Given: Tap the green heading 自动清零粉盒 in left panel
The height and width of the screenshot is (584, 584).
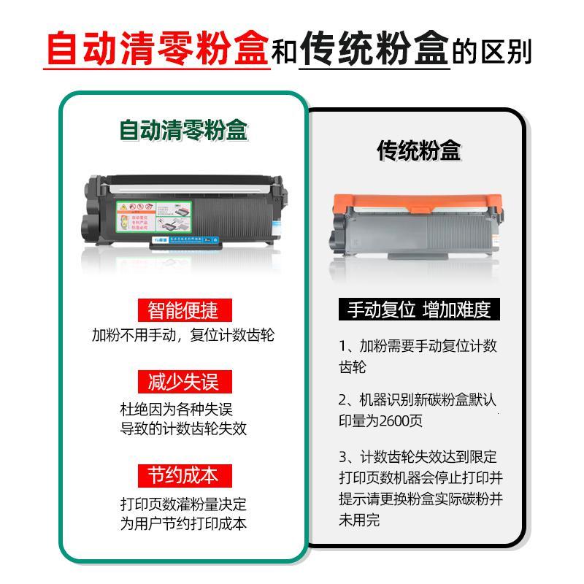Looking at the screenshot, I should point(183,131).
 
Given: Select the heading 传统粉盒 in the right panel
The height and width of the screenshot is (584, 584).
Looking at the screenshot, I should point(419,151).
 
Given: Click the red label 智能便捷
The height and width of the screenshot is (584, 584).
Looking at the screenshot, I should point(182,310).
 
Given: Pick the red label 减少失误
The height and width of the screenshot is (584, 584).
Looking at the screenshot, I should point(182,381).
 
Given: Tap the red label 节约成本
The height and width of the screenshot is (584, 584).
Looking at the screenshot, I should point(182,475).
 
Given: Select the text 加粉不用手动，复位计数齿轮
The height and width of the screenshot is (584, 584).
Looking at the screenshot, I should point(183,336).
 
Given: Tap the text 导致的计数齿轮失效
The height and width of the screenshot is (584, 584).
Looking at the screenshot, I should point(183,429).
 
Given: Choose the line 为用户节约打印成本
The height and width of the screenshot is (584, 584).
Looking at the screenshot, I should point(183,523).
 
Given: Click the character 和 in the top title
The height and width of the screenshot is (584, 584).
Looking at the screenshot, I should point(285,53).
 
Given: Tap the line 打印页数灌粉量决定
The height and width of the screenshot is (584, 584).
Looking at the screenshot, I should point(183,504).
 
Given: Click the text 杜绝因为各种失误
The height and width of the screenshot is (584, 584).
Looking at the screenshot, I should point(176,409).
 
